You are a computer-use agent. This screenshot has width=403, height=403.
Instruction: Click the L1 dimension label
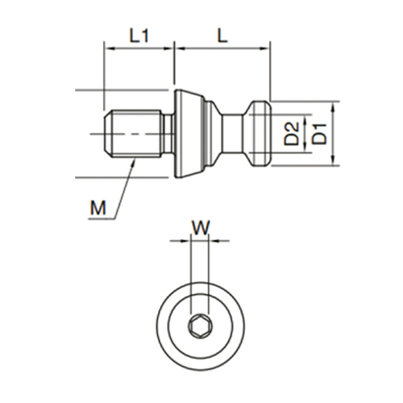pos(139,36)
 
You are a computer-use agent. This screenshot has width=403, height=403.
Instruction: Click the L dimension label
pos(221,36)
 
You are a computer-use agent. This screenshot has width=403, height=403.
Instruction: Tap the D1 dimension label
pos(320,134)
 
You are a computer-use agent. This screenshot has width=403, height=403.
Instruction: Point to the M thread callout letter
pos(98,210)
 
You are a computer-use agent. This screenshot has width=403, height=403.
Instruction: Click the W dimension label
pos(200,226)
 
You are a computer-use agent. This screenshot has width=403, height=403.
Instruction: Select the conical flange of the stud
pos(190,134)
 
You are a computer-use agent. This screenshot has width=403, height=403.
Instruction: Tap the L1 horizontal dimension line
pos(139,50)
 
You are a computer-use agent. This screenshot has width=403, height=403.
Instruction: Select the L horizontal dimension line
pos(222,50)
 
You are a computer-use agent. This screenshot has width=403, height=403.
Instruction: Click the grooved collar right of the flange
pos(214,134)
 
